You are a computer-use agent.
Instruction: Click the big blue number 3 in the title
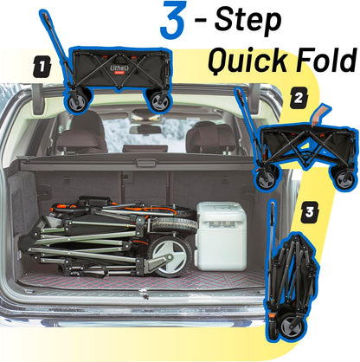pyautogui.click(x=173, y=20)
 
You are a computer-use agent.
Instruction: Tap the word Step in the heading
pyautogui.click(x=247, y=20)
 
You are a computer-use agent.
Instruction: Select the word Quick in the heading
pyautogui.click(x=247, y=61)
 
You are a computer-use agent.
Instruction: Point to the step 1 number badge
pyautogui.click(x=42, y=67)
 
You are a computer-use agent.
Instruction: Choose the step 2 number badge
pyautogui.click(x=299, y=98)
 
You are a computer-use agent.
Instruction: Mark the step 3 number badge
pyautogui.click(x=310, y=212)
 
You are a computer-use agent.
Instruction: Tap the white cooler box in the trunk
pyautogui.click(x=222, y=236)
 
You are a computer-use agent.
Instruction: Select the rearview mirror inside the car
pyautogui.click(x=145, y=130)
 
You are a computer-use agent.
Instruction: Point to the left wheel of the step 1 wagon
pyautogui.click(x=77, y=101)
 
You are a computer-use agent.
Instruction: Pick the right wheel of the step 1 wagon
pyautogui.click(x=159, y=102)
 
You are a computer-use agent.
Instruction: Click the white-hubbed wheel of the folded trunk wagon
pyautogui.click(x=170, y=256)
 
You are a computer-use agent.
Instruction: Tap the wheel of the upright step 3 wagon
pyautogui.click(x=292, y=327)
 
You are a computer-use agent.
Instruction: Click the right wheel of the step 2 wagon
pyautogui.click(x=344, y=179)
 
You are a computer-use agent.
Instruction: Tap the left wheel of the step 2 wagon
pyautogui.click(x=266, y=179)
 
